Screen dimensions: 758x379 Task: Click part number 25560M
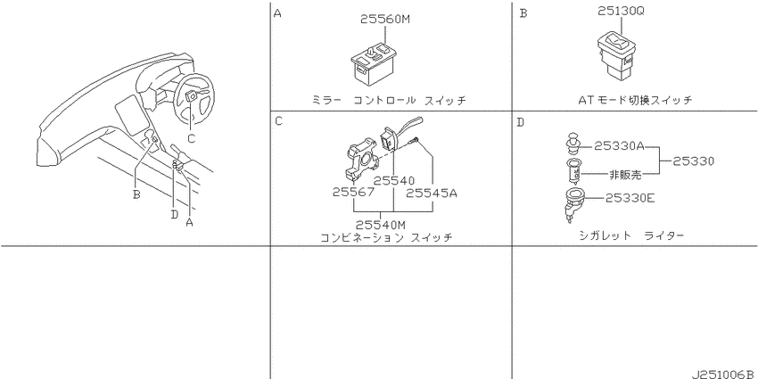[x=385, y=20]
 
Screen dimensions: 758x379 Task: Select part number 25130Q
[x=621, y=11]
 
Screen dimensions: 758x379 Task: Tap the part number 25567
[x=353, y=193]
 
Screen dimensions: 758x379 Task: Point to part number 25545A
[x=432, y=193]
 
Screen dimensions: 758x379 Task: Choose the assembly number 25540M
[x=381, y=225]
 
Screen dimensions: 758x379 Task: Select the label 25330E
[x=629, y=198]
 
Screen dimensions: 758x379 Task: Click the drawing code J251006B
[x=723, y=375]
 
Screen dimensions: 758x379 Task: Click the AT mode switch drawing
[x=615, y=53]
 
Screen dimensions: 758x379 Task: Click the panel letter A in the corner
[x=277, y=13]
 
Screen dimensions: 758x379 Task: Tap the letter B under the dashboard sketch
[x=136, y=194]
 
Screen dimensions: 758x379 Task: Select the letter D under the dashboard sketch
[x=175, y=214]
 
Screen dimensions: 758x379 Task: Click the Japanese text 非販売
[x=624, y=176]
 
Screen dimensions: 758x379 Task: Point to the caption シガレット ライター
[x=631, y=236]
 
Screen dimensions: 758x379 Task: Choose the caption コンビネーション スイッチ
[x=386, y=238]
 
